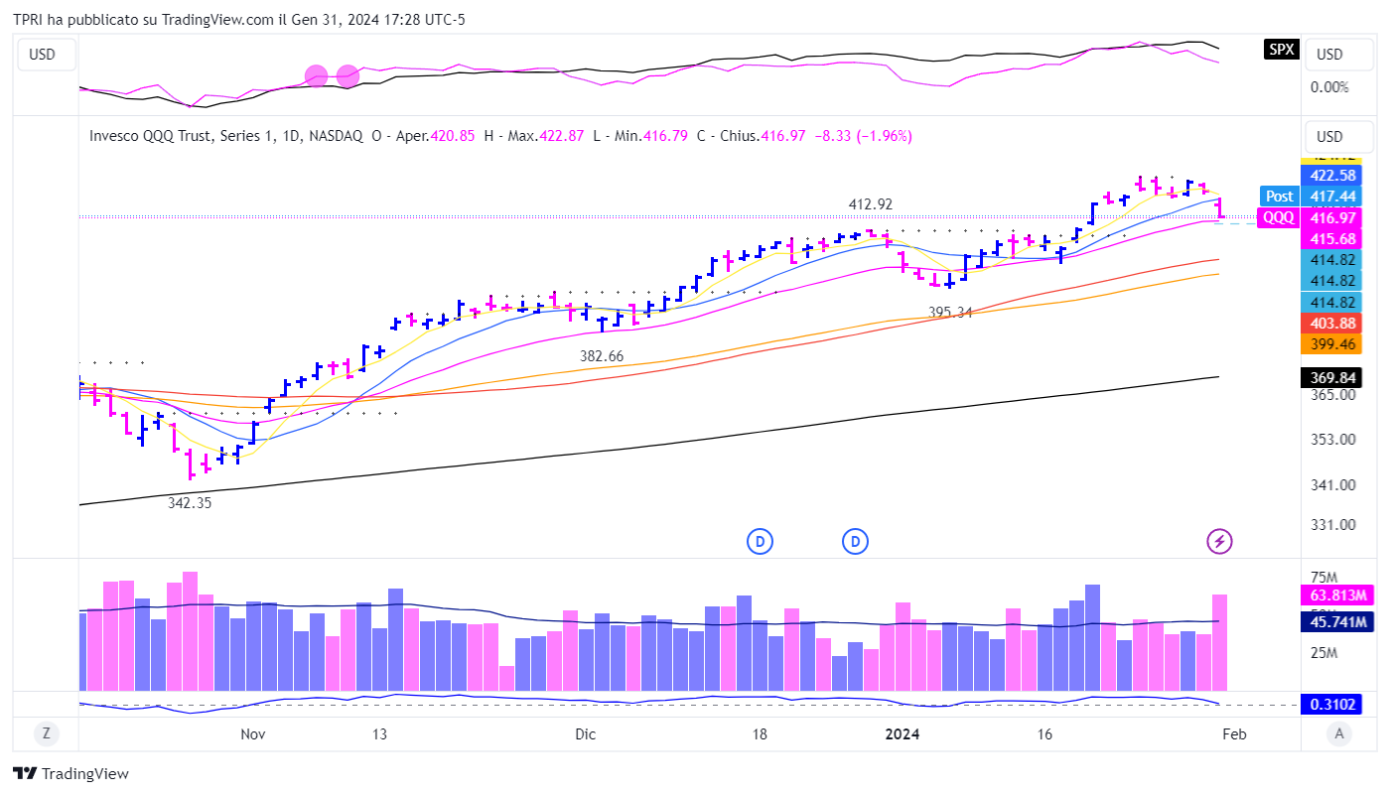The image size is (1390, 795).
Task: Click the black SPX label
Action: pyautogui.click(x=1281, y=49)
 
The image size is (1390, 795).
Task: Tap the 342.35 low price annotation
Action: pyautogui.click(x=190, y=503)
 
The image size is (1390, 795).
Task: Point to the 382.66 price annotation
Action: pyautogui.click(x=603, y=355)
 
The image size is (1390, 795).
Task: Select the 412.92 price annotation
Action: pyautogui.click(x=871, y=204)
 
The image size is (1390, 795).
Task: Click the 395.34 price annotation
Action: pyautogui.click(x=951, y=313)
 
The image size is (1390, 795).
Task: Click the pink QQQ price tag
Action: pyautogui.click(x=1277, y=218)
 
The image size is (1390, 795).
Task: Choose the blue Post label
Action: pyautogui.click(x=1279, y=197)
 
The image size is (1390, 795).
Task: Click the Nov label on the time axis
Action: pyautogui.click(x=253, y=734)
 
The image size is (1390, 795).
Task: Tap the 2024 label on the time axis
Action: pyautogui.click(x=903, y=734)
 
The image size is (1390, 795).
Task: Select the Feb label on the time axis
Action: pyautogui.click(x=1234, y=734)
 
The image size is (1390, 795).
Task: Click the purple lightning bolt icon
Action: pyautogui.click(x=1220, y=541)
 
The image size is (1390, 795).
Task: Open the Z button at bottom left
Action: pyautogui.click(x=45, y=734)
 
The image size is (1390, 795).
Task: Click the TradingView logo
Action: pyautogui.click(x=70, y=774)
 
